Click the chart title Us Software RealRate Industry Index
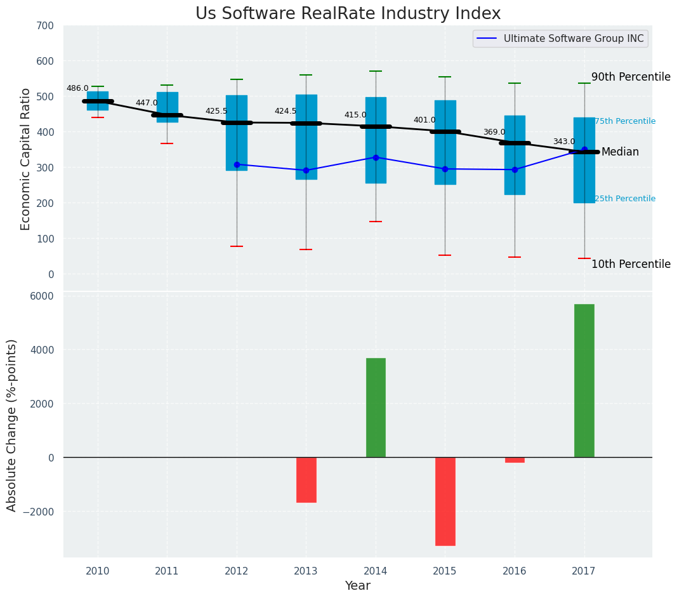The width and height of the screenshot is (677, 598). coord(348,14)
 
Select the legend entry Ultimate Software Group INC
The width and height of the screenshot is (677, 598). coord(573,39)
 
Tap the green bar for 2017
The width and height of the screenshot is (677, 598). coord(584,380)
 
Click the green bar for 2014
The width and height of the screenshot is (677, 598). coord(376,408)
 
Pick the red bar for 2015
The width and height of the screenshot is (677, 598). coord(445,501)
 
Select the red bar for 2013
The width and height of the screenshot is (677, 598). coord(306,479)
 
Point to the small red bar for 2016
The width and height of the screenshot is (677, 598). coord(515,460)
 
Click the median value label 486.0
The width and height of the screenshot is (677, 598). coord(77,88)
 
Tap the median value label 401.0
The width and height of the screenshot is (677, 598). coord(424,120)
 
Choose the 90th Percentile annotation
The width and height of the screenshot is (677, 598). coord(631,77)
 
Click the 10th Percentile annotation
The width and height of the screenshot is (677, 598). coord(631,264)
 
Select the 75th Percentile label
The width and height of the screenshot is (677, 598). coord(625,121)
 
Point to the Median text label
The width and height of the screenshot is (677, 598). coord(620,152)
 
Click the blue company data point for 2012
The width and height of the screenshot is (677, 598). coord(237,164)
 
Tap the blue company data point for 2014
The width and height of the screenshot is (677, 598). coord(376,157)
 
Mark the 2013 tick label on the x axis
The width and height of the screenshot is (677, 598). coord(306,571)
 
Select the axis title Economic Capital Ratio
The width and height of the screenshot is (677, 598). coord(26,159)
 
